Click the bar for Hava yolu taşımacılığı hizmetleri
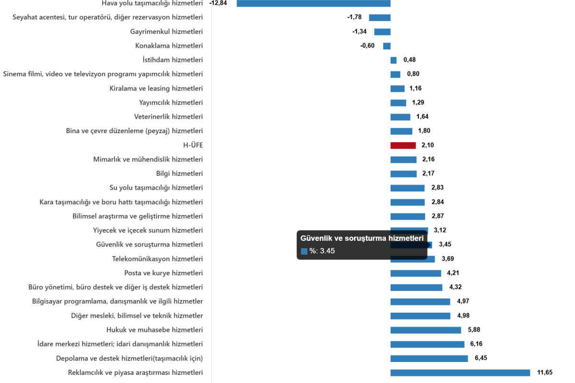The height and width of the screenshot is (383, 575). pyautogui.click(x=313, y=3)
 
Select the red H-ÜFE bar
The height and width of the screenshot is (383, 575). pyautogui.click(x=403, y=146)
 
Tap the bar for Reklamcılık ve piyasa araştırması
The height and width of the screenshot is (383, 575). pyautogui.click(x=460, y=373)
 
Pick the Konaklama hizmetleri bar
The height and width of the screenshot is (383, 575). pyautogui.click(x=387, y=46)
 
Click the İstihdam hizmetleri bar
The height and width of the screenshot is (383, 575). pyautogui.click(x=393, y=60)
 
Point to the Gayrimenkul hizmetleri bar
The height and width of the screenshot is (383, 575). pyautogui.click(x=382, y=32)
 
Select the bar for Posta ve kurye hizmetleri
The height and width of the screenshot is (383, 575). pyautogui.click(x=415, y=273)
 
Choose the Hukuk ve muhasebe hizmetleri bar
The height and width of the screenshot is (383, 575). pyautogui.click(x=425, y=330)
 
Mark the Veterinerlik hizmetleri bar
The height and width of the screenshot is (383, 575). pyautogui.click(x=400, y=117)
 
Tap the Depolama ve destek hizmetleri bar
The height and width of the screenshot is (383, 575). pyautogui.click(x=429, y=359)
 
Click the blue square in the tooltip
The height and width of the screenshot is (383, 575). pyautogui.click(x=304, y=251)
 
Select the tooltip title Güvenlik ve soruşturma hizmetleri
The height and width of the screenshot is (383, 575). pyautogui.click(x=362, y=238)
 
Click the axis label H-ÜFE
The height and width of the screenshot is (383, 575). pyautogui.click(x=193, y=146)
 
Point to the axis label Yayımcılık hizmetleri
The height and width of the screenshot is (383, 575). pyautogui.click(x=171, y=103)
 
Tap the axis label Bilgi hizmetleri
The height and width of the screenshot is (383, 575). pyautogui.click(x=179, y=174)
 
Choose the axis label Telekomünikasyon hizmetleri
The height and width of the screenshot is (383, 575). pyautogui.click(x=157, y=259)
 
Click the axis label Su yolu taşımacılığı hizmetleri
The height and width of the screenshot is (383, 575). pyautogui.click(x=156, y=188)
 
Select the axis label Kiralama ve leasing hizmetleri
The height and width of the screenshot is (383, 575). pyautogui.click(x=156, y=89)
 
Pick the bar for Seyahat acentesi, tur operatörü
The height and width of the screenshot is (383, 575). pyautogui.click(x=379, y=18)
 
